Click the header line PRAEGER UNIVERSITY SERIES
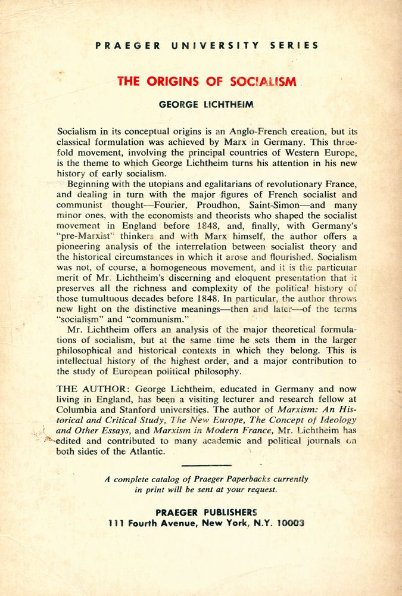coord(206,45)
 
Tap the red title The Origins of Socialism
coord(207,82)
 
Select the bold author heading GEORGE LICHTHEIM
coord(206,104)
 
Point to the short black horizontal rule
coord(206,465)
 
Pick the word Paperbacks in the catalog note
coord(238,479)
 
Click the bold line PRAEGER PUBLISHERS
coord(206,511)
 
